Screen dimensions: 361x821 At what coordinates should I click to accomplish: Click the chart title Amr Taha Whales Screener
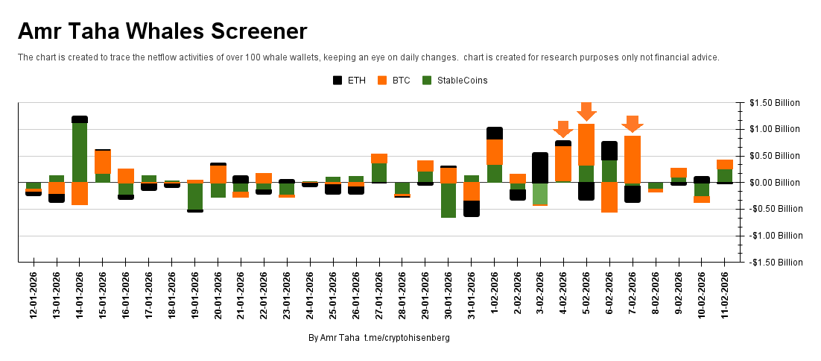162,31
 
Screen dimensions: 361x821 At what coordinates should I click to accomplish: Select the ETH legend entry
349,81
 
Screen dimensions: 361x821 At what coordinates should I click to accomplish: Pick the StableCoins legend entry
454,81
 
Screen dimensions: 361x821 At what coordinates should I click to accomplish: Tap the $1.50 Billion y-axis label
775,103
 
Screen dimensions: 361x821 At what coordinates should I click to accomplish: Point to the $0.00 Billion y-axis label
775,183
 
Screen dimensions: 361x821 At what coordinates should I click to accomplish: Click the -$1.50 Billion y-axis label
774,263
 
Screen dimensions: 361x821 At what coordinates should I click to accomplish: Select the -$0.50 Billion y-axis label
774,210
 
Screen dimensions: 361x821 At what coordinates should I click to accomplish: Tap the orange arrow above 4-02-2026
563,129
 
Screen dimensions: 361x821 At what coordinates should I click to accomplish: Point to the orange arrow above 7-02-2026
633,124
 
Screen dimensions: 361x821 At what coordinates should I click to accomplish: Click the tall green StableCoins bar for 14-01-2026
80,152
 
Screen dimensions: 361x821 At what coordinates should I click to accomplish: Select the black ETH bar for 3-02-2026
540,167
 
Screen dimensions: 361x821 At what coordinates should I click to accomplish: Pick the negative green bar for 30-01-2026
448,200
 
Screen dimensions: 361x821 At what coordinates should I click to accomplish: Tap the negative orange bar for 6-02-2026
609,198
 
